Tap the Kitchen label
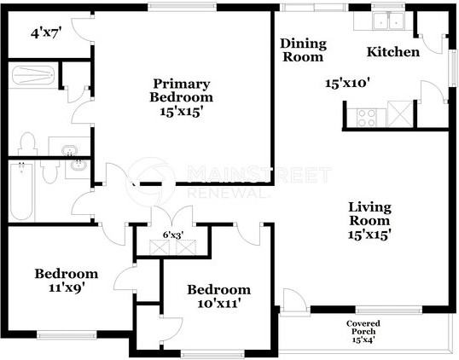click(392, 53)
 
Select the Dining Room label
click(302, 50)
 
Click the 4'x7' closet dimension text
click(48, 34)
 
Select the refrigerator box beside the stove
click(397, 113)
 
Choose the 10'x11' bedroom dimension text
click(218, 303)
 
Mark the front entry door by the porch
click(292, 299)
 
